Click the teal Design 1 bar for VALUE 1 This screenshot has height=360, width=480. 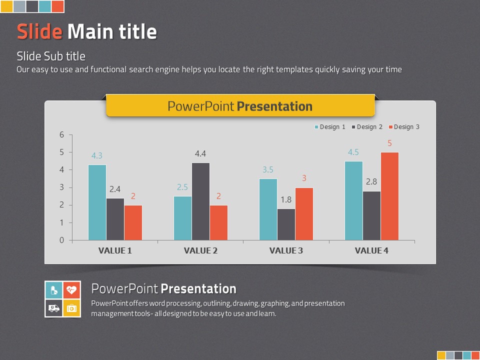point(97,202)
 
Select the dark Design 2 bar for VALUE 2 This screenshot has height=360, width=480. point(201,201)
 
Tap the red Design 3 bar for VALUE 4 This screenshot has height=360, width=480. point(389,196)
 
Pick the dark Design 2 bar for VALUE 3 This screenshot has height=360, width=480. point(286,224)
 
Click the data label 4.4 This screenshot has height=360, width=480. point(200,153)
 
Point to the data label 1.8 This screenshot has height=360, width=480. point(286,200)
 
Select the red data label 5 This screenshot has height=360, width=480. point(389,143)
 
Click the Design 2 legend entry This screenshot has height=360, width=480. point(367,127)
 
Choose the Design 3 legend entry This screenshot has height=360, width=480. point(404,127)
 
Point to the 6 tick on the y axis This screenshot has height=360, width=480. point(62,134)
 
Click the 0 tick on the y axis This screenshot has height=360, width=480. point(62,240)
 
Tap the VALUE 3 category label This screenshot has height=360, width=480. point(286,250)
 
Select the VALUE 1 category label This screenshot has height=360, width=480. point(115,250)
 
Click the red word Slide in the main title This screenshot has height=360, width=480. point(39,31)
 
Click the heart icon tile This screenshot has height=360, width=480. point(72,290)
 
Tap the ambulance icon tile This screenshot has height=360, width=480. point(54,308)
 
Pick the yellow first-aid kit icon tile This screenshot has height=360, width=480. point(72,308)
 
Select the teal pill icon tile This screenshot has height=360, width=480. point(54,290)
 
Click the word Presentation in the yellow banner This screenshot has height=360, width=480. point(274,106)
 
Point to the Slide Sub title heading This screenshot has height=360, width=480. point(51,56)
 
